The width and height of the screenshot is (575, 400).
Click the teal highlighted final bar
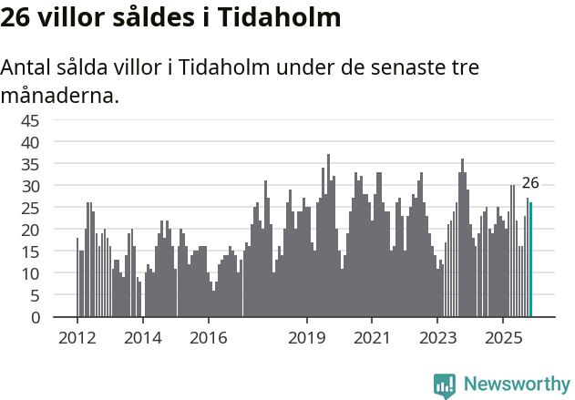click(x=530, y=260)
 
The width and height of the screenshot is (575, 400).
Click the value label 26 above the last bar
click(x=530, y=182)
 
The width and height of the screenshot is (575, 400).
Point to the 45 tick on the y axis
click(x=32, y=120)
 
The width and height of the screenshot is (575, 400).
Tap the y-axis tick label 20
click(x=32, y=230)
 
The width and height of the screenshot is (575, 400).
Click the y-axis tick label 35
click(x=32, y=164)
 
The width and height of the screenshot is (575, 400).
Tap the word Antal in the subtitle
click(x=26, y=68)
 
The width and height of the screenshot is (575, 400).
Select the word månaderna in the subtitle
click(x=60, y=95)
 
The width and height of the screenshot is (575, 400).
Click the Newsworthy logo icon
click(x=445, y=385)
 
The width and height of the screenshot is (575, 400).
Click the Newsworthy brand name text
click(x=516, y=385)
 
